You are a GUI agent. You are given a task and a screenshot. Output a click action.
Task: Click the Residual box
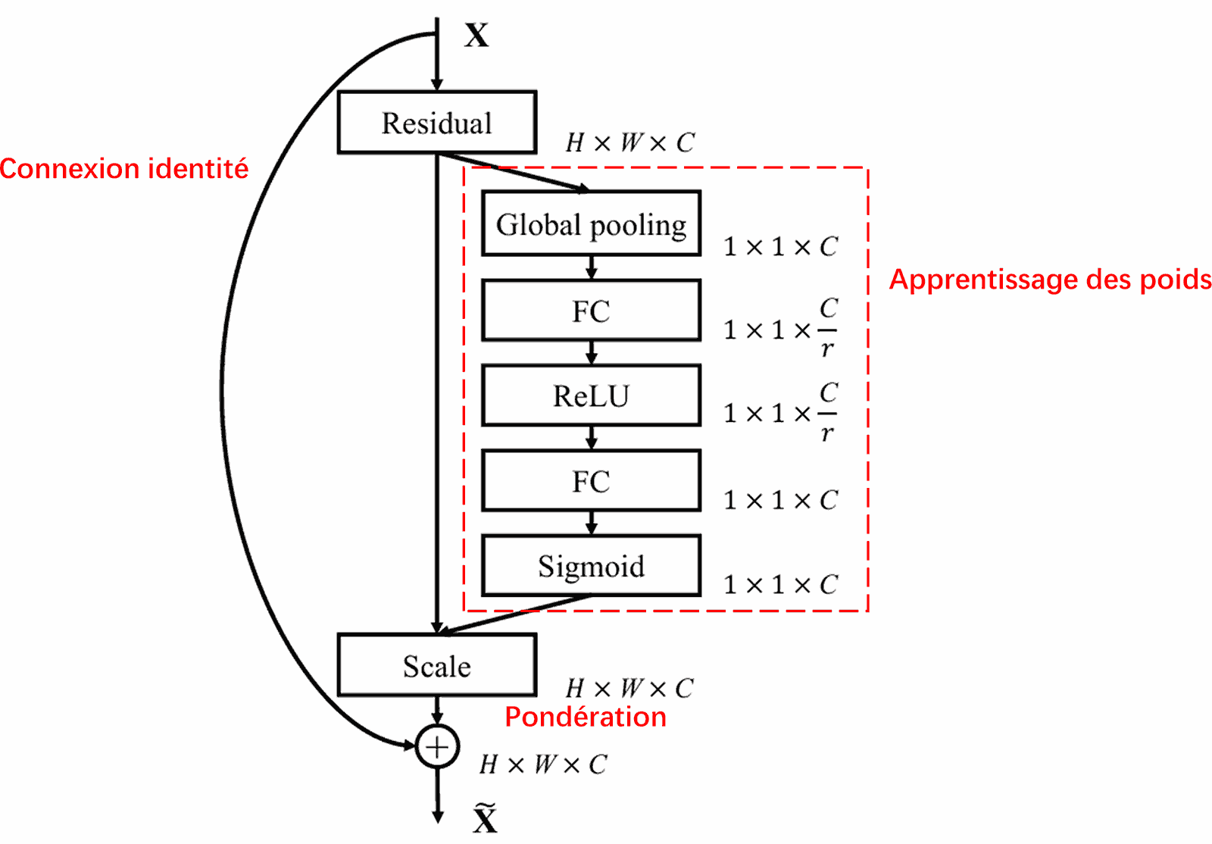point(437,123)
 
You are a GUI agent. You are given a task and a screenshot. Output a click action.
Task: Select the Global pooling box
point(591,224)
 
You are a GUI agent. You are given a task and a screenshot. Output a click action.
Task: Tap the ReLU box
point(591,395)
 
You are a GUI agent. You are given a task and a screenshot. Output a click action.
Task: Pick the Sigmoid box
point(591,566)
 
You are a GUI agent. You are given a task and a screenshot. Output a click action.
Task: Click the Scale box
point(437,666)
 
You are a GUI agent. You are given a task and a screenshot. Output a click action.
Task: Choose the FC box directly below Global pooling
point(591,311)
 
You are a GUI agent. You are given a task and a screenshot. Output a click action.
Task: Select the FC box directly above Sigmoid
point(591,481)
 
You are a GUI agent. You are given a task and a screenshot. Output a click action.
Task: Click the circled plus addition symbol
point(437,747)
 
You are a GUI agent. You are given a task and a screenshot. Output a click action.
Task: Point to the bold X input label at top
point(476,36)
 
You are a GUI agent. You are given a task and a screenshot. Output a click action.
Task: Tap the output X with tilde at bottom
point(485,818)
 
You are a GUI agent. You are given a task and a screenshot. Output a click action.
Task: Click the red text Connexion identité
point(124,168)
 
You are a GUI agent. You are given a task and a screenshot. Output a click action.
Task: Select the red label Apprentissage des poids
point(1050,280)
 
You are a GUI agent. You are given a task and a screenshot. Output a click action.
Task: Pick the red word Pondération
point(586,717)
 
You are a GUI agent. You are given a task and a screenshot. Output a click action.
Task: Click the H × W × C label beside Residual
point(629,142)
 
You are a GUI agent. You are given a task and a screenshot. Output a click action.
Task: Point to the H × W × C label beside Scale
point(629,688)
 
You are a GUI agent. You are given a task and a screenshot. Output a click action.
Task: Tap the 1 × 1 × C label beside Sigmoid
point(780,584)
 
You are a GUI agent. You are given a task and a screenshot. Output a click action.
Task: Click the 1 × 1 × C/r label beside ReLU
point(780,413)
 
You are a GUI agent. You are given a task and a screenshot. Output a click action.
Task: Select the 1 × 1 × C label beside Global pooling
point(780,246)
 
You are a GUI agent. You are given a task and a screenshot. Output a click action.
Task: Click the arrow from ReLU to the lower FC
point(592,438)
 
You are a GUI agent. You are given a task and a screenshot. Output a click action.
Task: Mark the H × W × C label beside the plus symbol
point(543,764)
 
